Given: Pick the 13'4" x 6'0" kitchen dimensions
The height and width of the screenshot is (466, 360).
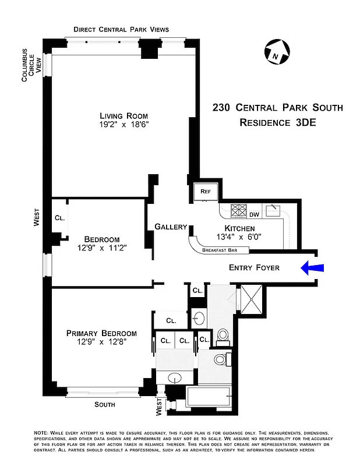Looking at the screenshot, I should coord(239,237).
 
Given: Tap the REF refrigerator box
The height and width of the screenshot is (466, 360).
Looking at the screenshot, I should coord(206,192).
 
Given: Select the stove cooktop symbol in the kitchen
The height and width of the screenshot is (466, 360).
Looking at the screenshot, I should coord(240,210).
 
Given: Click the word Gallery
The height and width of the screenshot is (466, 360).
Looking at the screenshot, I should coord(171,227).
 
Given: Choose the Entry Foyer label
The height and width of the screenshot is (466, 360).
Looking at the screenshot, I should coord(254,268).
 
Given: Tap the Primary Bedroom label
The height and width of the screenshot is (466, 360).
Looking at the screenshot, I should coord(101,333).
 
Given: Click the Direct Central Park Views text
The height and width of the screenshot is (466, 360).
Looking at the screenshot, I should coord(121,30).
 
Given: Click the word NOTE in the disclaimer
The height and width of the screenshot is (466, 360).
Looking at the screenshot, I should coord(41,433).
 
